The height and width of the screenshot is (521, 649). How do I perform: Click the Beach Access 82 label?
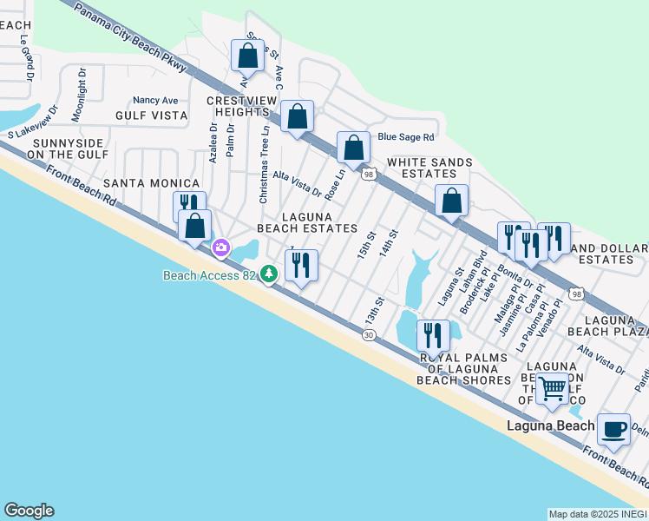pyautogui.click(x=211, y=275)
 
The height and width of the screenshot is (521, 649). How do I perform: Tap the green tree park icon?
pyautogui.click(x=270, y=274)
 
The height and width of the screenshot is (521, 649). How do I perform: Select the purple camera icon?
pyautogui.click(x=221, y=249)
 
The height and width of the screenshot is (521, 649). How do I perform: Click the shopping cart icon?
pyautogui.click(x=552, y=387)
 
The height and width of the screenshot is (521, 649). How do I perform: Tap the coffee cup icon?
pyautogui.click(x=614, y=428)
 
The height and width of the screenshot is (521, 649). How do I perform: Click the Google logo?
pyautogui.click(x=29, y=511)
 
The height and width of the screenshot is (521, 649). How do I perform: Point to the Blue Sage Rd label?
pyautogui.click(x=405, y=137)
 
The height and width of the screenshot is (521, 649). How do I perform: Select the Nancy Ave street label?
pyautogui.click(x=155, y=101)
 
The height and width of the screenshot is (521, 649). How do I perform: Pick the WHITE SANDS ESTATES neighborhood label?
pyautogui.click(x=429, y=168)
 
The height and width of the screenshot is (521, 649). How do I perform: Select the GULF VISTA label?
pyautogui.click(x=151, y=115)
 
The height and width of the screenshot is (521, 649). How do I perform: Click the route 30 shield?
pyautogui.click(x=370, y=335)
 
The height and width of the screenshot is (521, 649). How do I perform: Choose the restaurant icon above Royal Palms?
pyautogui.click(x=432, y=335)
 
